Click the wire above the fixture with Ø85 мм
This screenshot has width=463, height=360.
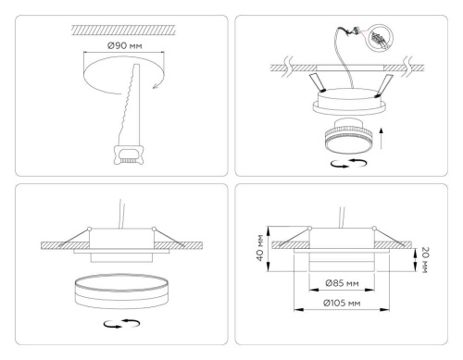351,214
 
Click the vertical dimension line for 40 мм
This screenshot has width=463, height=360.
268,247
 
